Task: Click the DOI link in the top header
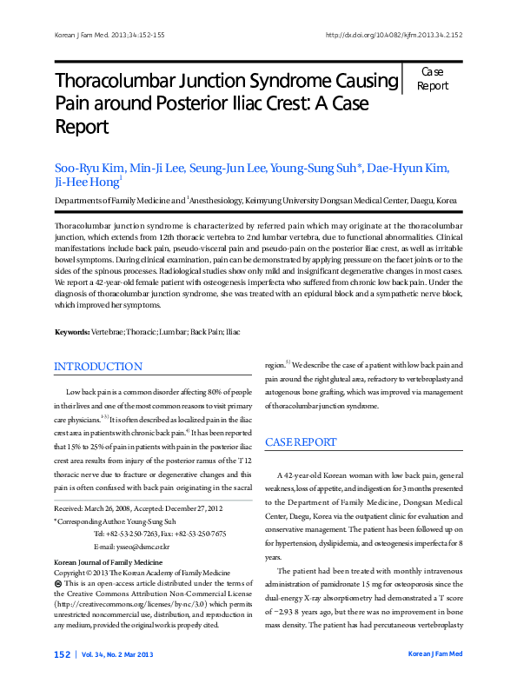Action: (x=393, y=36)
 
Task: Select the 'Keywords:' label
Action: (x=72, y=333)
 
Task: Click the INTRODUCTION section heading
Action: (x=98, y=367)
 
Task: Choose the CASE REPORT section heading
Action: (x=301, y=442)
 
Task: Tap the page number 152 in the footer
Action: (x=62, y=654)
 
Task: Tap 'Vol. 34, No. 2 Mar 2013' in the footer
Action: (x=118, y=654)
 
